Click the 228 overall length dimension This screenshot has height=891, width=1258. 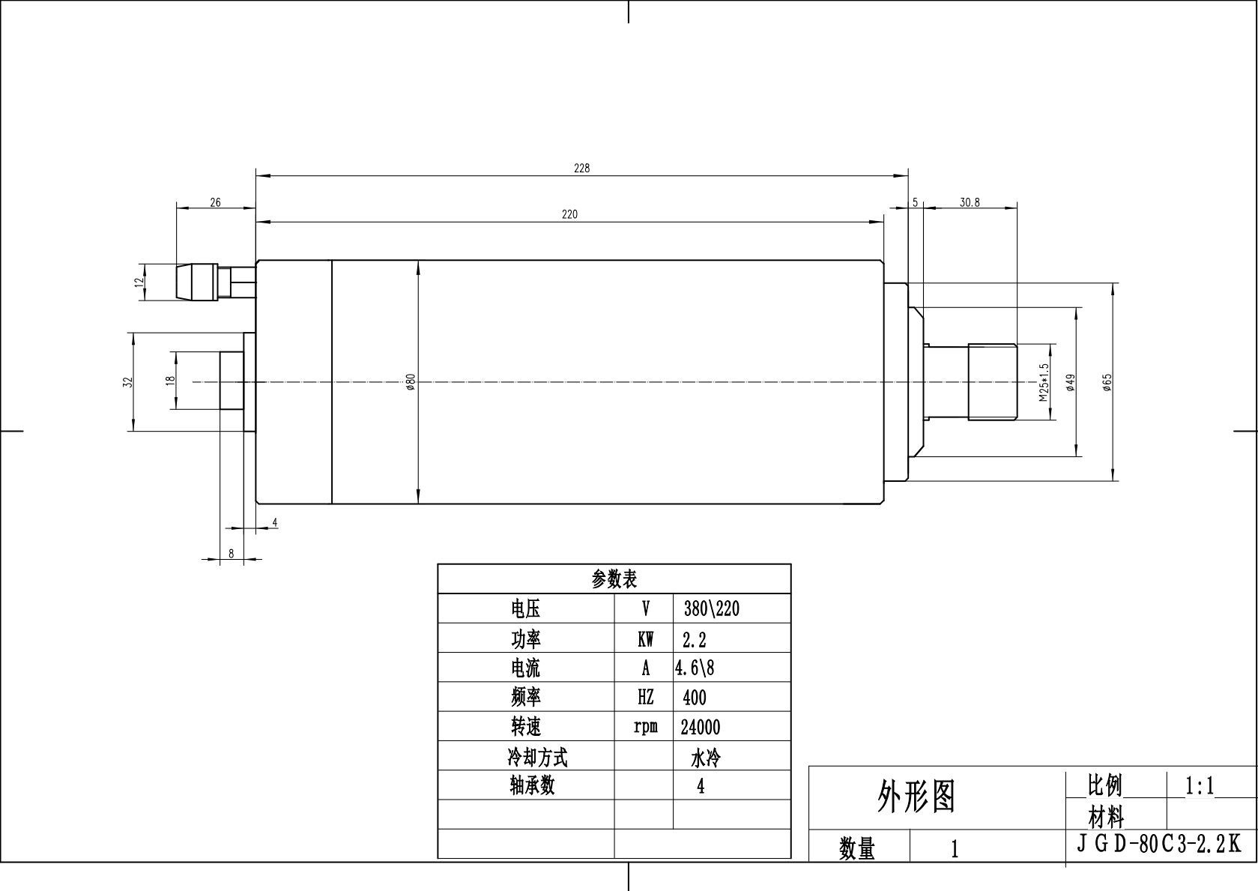(x=581, y=169)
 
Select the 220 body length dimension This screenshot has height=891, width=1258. (x=569, y=214)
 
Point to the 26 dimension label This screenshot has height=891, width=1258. (x=215, y=202)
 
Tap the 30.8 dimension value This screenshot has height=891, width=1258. (x=970, y=202)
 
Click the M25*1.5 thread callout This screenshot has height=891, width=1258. (x=1044, y=382)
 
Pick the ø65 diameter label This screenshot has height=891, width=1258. (x=1107, y=382)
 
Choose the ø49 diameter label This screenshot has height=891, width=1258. (x=1071, y=382)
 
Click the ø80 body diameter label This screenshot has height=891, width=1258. (x=411, y=382)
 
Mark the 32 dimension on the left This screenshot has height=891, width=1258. (x=128, y=381)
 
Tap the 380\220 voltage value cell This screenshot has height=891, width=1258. (x=711, y=608)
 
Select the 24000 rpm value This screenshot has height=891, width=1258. (x=700, y=727)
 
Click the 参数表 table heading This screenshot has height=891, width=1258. (x=614, y=579)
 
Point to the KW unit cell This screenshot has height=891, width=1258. (x=645, y=639)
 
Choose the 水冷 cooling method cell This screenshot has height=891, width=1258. (x=705, y=758)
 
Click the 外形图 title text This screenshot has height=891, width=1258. (x=916, y=797)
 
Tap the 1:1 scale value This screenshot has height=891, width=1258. (x=1199, y=786)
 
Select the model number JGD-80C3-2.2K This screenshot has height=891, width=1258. (x=1158, y=844)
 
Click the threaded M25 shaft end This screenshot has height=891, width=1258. (x=992, y=381)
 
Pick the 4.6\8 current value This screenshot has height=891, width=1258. (x=695, y=668)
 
